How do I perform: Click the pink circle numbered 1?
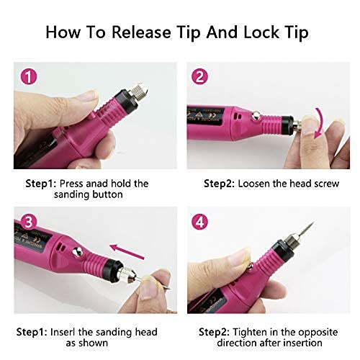pos(28,76)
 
